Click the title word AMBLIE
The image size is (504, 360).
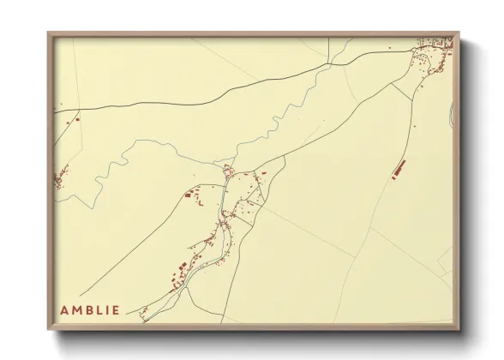pos(90,309)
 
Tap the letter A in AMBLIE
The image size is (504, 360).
pos(63,309)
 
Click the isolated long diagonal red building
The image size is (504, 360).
pos(398,169)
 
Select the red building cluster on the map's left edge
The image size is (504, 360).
pos(60,181)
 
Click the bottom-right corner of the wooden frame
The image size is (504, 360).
pos(459,329)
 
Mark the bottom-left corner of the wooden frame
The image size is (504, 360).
pos(49,329)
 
